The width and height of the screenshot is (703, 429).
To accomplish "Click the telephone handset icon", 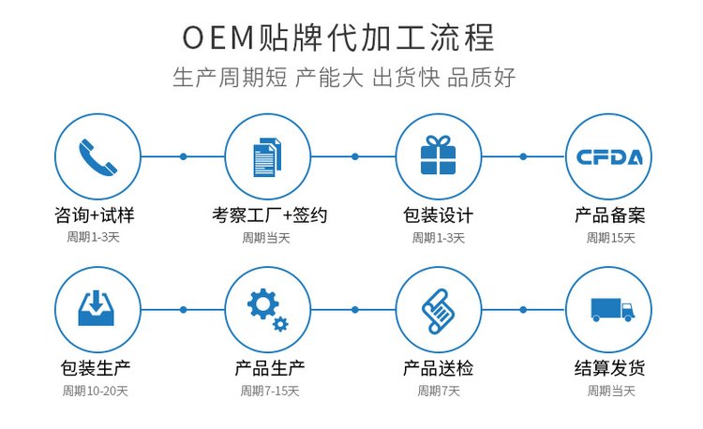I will point(97,155).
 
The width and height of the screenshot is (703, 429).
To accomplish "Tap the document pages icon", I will point(267,156).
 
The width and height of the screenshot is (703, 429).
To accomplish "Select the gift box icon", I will point(438,155).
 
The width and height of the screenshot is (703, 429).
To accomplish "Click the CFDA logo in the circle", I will point(607,156).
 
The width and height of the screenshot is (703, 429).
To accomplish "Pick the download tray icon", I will point(97,308).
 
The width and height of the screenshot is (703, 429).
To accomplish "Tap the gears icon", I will point(267,309).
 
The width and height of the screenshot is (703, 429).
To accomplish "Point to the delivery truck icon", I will point(607,309).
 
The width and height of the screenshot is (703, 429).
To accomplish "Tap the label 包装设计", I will point(438,214).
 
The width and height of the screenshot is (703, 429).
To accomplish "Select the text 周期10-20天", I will point(97,391).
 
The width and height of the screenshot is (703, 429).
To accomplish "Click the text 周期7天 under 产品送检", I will point(439,391).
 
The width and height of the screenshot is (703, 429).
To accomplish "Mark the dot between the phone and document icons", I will point(184,155).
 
